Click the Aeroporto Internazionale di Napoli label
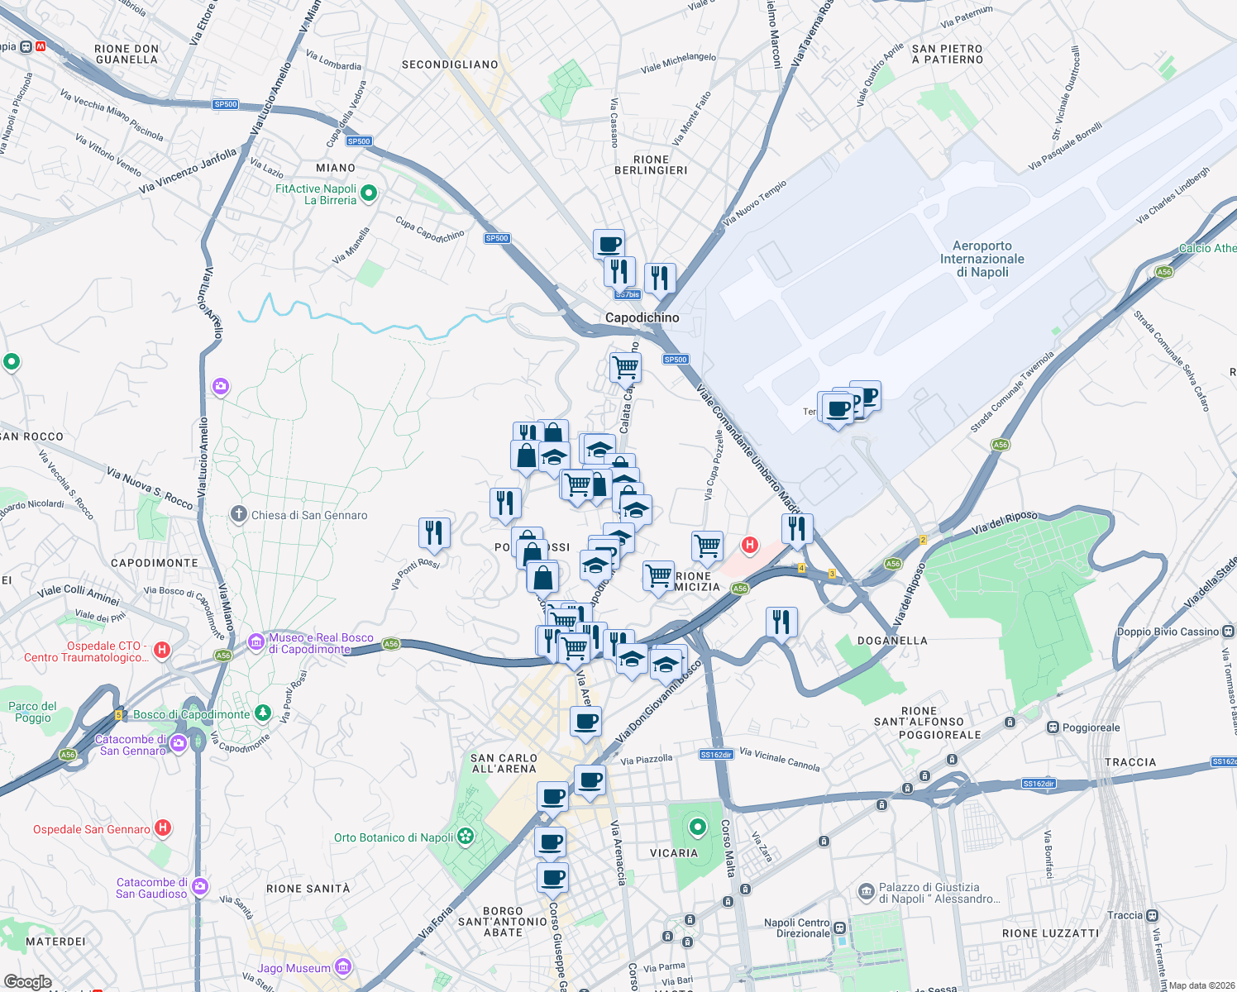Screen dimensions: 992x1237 [981, 259]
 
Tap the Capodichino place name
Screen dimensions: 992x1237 [642, 317]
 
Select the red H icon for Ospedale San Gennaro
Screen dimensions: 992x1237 [163, 827]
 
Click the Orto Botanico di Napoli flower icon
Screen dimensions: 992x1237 [466, 837]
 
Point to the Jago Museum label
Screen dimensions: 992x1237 [294, 968]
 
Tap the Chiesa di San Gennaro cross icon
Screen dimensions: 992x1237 [238, 515]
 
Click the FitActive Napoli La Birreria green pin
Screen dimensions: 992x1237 [370, 193]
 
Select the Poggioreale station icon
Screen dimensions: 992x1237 [1053, 727]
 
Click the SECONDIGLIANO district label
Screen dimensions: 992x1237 [450, 64]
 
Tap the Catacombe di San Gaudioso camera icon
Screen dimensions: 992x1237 [199, 887]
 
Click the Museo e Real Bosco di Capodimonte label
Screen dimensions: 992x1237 [321, 643]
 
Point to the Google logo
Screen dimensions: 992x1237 [27, 982]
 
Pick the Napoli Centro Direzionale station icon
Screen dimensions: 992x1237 [840, 928]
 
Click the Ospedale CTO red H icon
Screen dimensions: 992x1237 [162, 650]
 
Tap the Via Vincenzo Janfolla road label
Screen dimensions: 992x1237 [188, 170]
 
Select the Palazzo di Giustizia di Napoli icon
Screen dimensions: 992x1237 [866, 891]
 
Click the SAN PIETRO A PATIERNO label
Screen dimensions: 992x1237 [947, 55]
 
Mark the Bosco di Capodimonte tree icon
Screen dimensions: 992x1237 [262, 713]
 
